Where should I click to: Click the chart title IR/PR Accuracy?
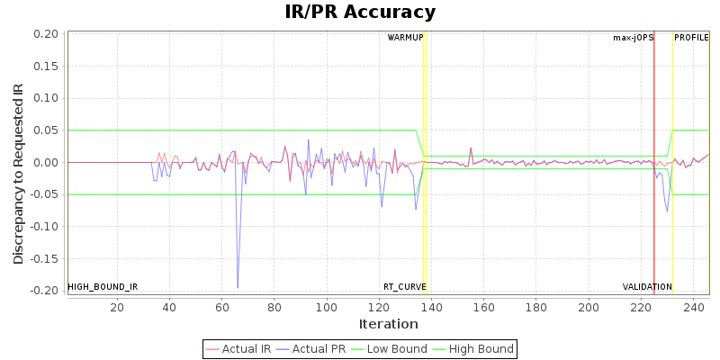click(360, 13)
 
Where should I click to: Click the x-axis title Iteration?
click(388, 324)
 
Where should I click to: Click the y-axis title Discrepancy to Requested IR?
click(19, 174)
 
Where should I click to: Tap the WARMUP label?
click(405, 38)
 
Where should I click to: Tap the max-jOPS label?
click(633, 38)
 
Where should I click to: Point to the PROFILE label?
click(691, 38)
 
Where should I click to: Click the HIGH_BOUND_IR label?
click(103, 287)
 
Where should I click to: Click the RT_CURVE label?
click(405, 287)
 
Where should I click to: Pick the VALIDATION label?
click(647, 287)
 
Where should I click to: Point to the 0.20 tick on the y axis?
click(46, 34)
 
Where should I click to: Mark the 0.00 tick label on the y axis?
click(46, 163)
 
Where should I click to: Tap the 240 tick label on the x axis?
click(693, 308)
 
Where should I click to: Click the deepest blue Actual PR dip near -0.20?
click(238, 288)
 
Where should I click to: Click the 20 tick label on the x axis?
click(117, 308)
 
